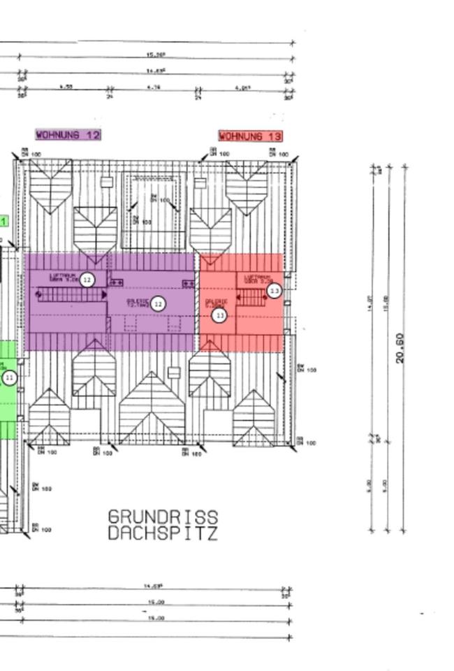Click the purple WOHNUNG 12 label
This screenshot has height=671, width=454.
tap(68, 134)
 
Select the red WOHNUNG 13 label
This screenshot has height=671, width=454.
tap(251, 136)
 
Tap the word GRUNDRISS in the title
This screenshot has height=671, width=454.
tap(163, 517)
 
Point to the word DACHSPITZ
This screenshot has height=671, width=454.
tap(163, 534)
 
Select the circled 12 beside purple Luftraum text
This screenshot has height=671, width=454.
tap(87, 280)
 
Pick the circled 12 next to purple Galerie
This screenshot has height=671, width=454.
tap(159, 304)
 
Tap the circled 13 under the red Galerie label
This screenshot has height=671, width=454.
tap(219, 315)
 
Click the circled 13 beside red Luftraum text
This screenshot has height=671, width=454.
tap(274, 290)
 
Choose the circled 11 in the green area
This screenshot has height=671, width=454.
tap(9, 378)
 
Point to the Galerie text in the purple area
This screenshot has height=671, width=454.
tap(138, 303)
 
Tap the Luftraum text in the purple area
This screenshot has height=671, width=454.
tap(63, 277)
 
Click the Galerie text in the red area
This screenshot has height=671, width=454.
tap(215, 303)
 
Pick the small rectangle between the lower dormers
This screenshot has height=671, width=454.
tap(174, 373)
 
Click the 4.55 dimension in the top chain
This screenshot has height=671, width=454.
tap(66, 87)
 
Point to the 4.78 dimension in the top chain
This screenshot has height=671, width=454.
tap(154, 87)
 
